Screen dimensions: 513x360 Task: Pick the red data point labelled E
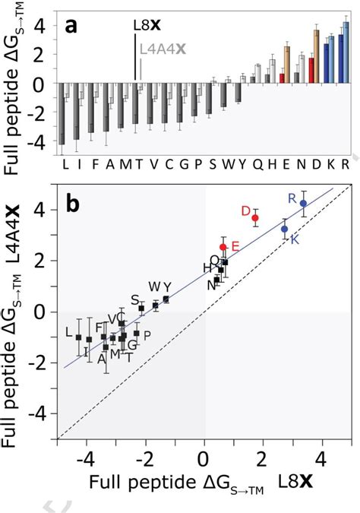[223, 247]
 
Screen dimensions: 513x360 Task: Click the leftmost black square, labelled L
[78, 337]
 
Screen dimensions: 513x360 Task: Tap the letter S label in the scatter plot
[134, 299]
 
